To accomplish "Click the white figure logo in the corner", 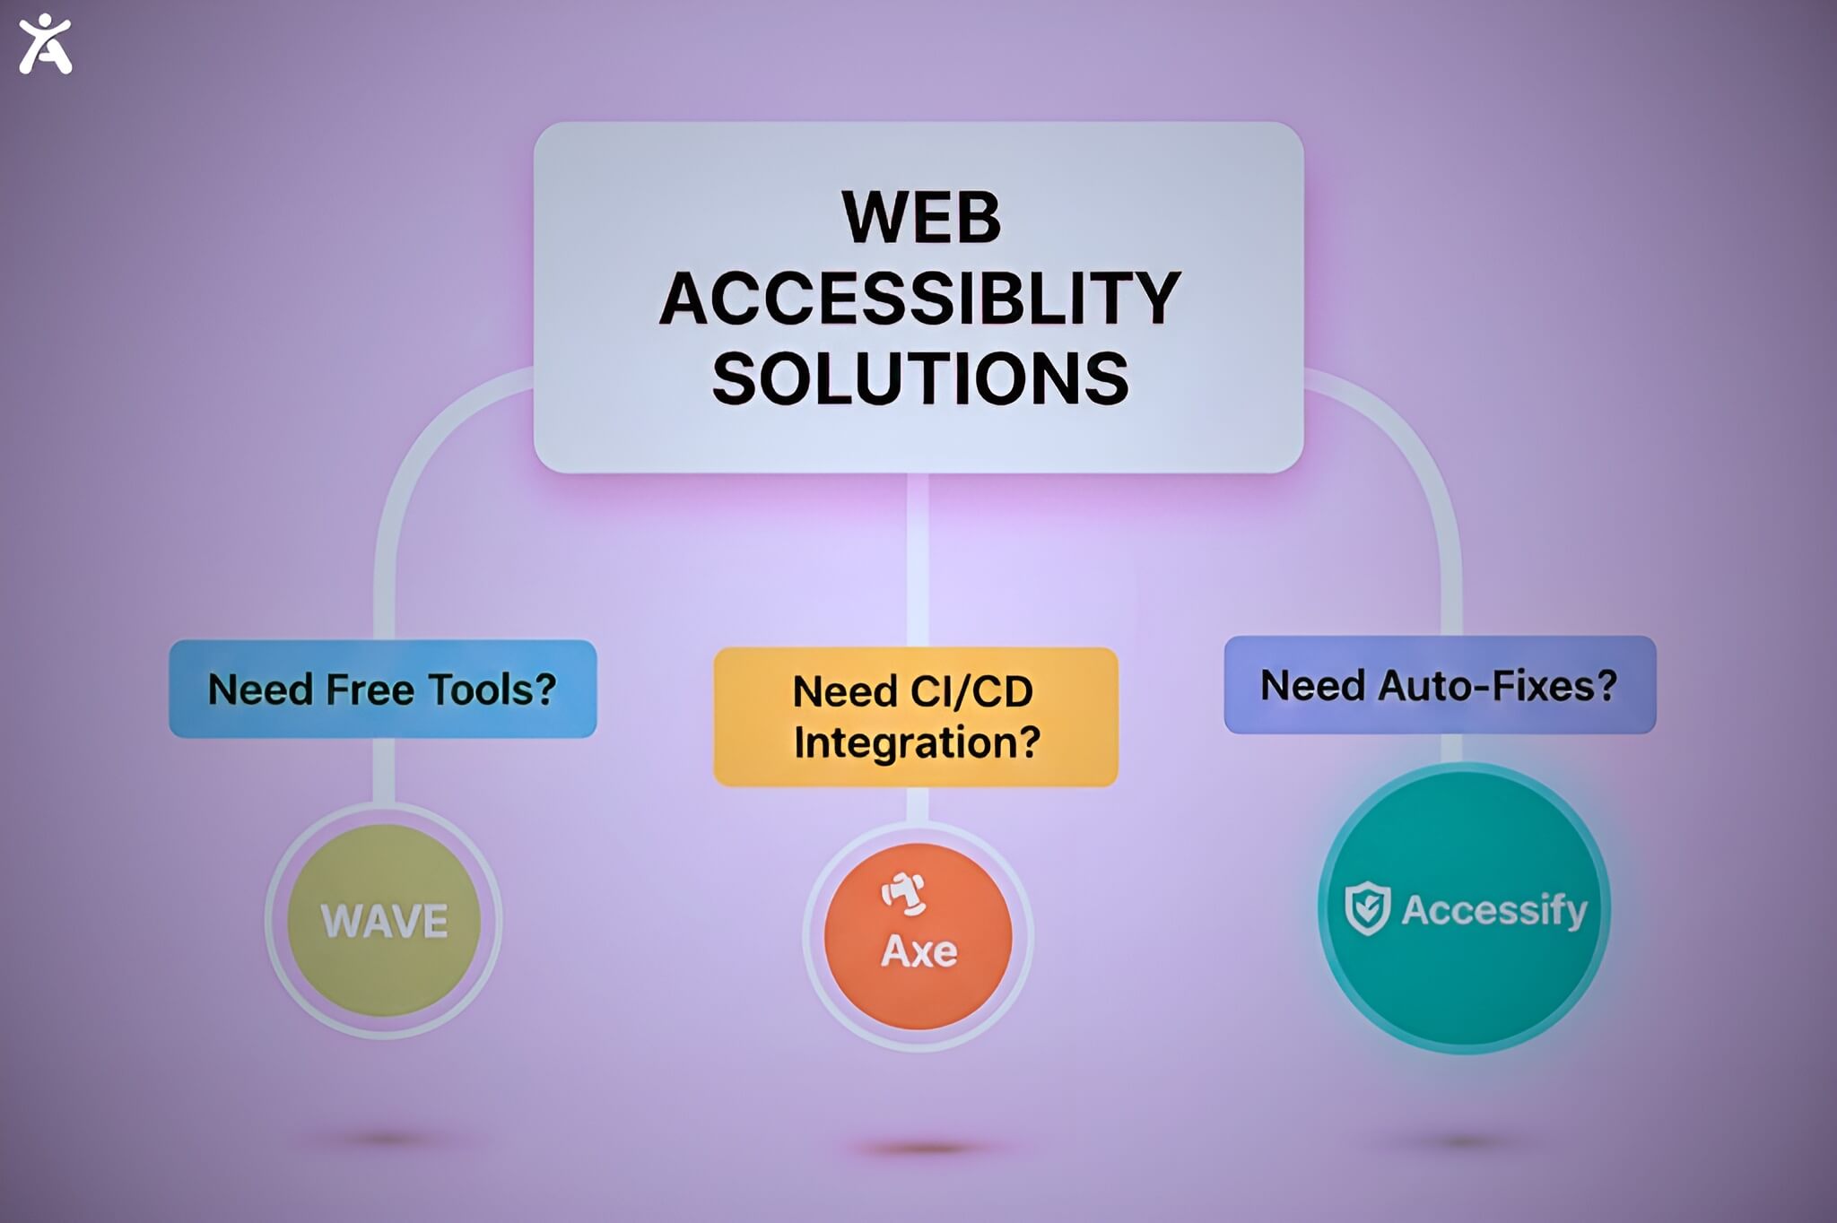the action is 45,44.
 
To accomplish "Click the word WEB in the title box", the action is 921,217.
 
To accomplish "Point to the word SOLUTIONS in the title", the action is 920,378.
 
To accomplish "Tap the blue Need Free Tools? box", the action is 383,689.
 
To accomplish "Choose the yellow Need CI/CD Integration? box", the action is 916,716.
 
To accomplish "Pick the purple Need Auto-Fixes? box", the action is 1440,685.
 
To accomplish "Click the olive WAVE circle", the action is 384,920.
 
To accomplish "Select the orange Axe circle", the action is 918,936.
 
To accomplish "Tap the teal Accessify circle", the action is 1464,908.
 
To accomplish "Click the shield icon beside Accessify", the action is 1368,908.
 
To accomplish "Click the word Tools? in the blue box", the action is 492,690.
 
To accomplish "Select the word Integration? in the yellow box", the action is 917,743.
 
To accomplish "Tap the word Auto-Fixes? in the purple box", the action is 1497,686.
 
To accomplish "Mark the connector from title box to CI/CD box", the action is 917,560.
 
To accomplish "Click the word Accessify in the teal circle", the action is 1494,911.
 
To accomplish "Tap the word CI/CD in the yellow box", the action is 971,692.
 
